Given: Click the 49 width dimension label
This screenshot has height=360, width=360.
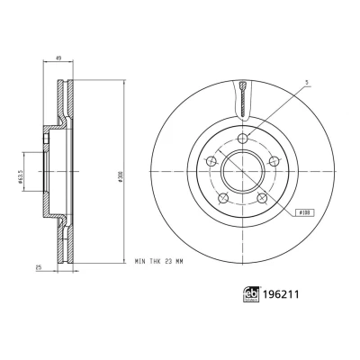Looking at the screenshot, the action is [x=59, y=58].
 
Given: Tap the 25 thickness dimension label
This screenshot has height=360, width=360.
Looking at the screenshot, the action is [x=39, y=267].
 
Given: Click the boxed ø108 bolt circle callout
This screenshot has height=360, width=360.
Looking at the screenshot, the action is [x=305, y=212].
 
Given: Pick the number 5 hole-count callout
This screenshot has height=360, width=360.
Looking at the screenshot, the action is [x=307, y=82].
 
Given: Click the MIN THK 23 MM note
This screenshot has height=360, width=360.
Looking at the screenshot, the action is [x=158, y=262].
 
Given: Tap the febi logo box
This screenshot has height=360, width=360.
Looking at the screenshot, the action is [x=251, y=294].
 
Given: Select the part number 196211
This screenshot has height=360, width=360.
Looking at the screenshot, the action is [x=281, y=294].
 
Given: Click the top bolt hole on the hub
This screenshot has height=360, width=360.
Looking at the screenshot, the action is [x=243, y=139].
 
